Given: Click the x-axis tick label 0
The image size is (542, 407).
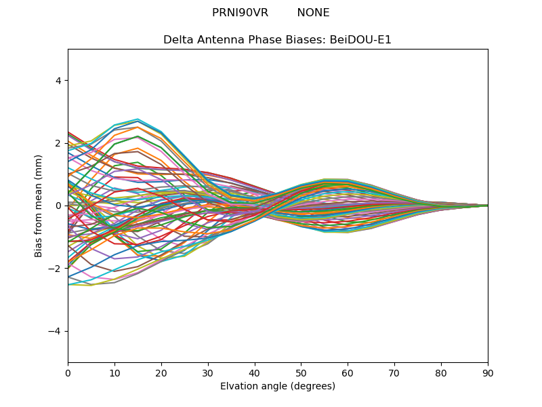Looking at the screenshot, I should [x=68, y=372].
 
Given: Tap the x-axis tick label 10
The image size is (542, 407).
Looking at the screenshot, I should [x=114, y=372].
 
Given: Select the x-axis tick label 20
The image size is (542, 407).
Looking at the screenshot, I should [x=161, y=372].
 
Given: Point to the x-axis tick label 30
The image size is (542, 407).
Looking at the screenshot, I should [x=208, y=372].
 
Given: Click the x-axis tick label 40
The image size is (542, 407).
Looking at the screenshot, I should [x=255, y=372].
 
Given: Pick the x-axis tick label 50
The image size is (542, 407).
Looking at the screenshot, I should [x=301, y=372].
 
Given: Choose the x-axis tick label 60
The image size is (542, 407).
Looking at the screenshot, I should [x=348, y=372].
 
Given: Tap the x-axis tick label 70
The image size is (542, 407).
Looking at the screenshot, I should [x=394, y=372].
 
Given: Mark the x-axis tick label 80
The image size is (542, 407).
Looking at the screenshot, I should [x=441, y=372].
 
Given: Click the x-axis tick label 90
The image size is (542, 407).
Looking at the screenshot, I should [x=488, y=372].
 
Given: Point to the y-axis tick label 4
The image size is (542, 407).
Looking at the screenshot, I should [x=58, y=81].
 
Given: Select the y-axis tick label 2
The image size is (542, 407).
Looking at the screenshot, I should [x=58, y=143].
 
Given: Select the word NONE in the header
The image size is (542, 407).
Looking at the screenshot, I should [x=313, y=13].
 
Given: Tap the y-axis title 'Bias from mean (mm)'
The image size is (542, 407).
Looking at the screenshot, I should [x=39, y=206].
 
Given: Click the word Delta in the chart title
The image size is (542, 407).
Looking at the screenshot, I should [x=178, y=40].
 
